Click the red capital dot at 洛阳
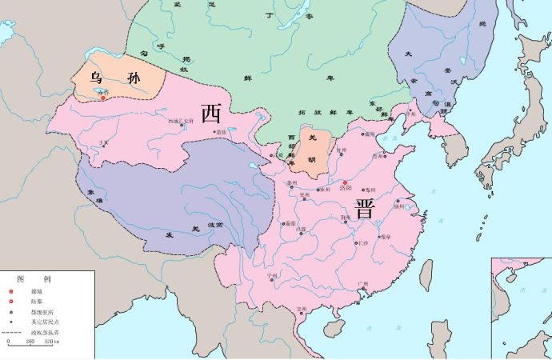coord(345,182)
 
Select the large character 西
coord(211,114)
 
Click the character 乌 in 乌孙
coord(95,78)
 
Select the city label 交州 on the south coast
coord(302,308)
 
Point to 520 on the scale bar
coord(53,342)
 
